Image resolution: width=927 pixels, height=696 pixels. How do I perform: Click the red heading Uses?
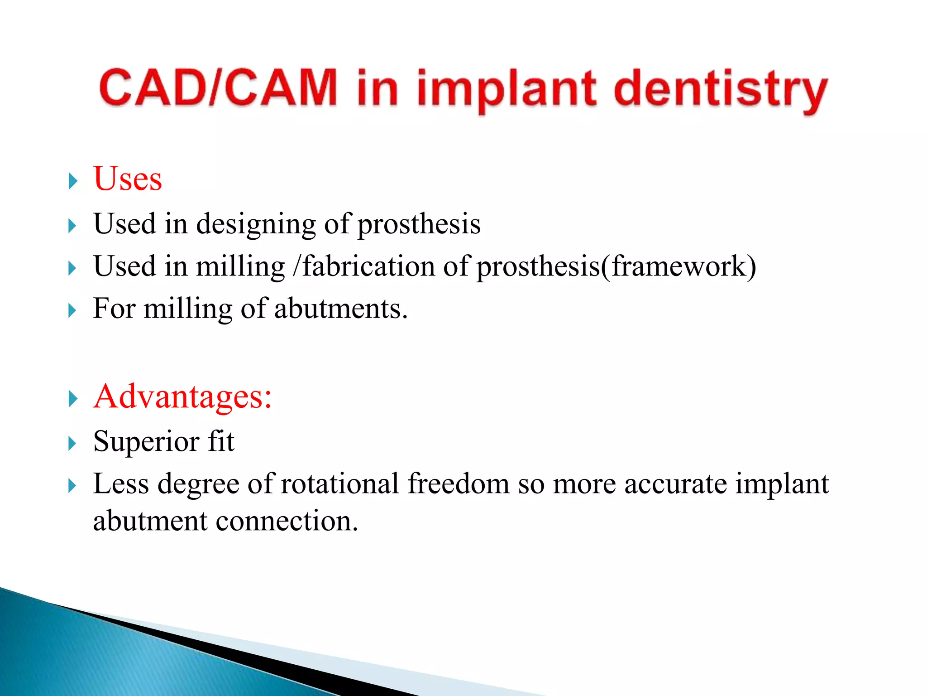(x=128, y=179)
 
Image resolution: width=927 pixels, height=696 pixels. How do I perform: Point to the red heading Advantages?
(x=182, y=396)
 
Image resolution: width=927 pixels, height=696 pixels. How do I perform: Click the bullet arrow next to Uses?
(x=73, y=181)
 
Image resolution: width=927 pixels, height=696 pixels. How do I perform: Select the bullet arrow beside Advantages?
(x=73, y=399)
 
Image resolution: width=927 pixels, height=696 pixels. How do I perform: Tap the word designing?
(x=256, y=224)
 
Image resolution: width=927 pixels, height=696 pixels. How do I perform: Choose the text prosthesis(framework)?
(x=616, y=266)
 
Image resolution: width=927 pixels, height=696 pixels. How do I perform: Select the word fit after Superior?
(x=221, y=441)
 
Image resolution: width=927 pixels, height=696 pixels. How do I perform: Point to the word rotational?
(x=339, y=483)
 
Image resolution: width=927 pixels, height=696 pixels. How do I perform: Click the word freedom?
(x=459, y=483)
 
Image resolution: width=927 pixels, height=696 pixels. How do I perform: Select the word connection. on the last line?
(x=287, y=521)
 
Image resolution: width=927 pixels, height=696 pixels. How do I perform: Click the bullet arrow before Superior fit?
(x=73, y=444)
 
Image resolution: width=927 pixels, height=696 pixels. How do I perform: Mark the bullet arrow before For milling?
(x=73, y=311)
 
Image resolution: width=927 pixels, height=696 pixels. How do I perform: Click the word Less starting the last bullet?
(x=121, y=483)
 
